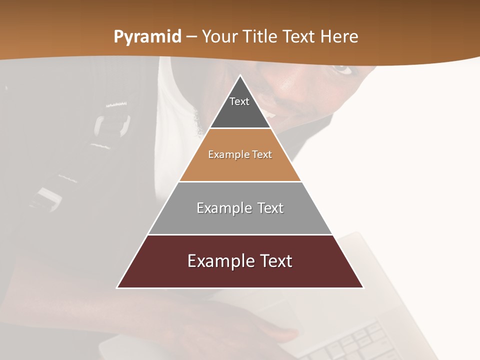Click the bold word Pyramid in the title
[147, 37]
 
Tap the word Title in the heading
[259, 37]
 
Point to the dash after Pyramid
[191, 37]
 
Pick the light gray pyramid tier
[240, 220]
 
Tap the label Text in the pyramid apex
[239, 101]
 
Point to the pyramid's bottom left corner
[117, 287]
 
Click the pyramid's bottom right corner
[363, 287]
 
